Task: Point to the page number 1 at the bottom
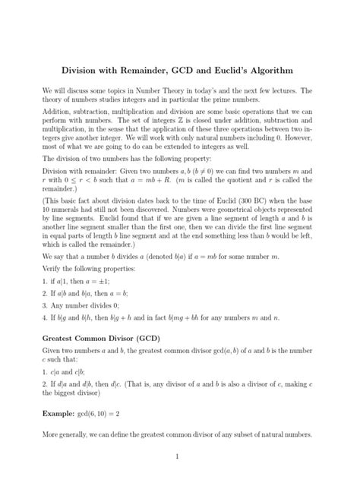tap(175, 457)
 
